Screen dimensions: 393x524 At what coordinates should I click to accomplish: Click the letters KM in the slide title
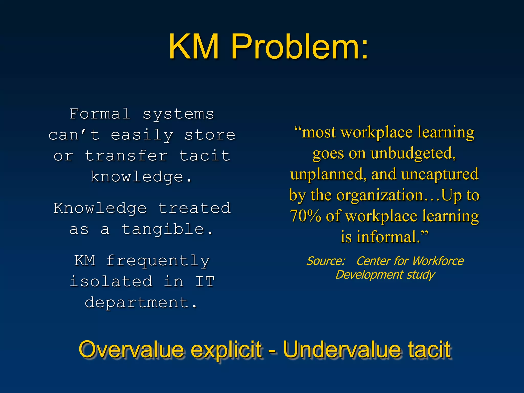pos(194,47)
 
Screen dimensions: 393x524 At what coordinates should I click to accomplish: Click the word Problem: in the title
pos(299,47)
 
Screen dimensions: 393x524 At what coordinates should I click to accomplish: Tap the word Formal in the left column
pos(100,114)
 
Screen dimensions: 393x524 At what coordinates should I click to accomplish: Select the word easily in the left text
pos(142,135)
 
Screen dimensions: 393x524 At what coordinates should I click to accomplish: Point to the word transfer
pos(126,156)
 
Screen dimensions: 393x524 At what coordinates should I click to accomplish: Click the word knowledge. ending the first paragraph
pos(141,177)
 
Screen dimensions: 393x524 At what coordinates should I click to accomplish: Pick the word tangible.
pos(167,229)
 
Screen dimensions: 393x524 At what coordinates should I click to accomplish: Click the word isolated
pos(111,282)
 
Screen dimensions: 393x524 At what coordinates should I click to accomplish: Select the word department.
pos(141,303)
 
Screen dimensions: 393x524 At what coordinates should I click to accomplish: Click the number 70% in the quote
pos(305,216)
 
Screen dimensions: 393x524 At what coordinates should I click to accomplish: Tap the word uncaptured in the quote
pos(440,174)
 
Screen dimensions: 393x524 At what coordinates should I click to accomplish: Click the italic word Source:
pos(326,261)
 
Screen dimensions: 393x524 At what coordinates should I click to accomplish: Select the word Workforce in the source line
pos(438,261)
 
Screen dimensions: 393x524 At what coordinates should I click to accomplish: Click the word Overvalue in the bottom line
pos(131,350)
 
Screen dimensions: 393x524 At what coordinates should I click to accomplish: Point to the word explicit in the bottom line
pos(226,350)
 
